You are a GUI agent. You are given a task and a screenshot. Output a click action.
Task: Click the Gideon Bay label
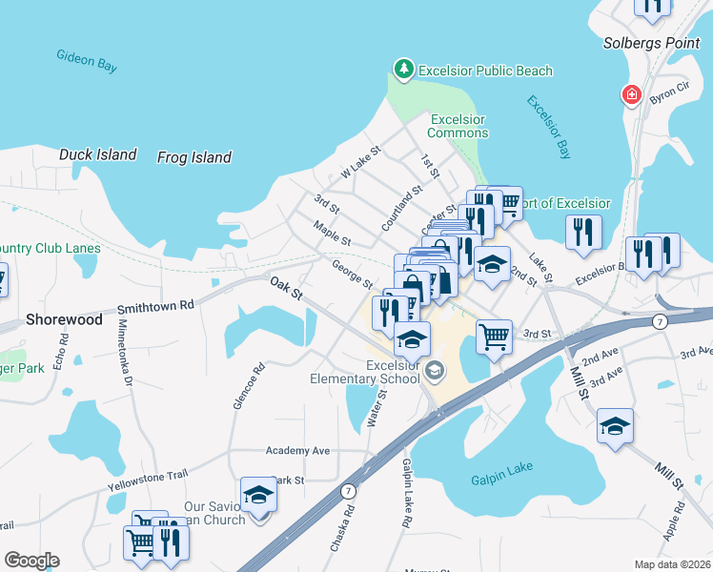click(x=87, y=59)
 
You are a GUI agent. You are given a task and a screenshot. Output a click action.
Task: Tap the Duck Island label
click(x=97, y=154)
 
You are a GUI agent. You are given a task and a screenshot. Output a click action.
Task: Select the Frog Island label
click(x=194, y=157)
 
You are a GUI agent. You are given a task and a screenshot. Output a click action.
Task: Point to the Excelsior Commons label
click(x=458, y=126)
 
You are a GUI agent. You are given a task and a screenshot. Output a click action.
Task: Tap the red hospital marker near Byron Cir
click(x=630, y=94)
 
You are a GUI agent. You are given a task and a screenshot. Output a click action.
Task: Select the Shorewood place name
click(x=64, y=320)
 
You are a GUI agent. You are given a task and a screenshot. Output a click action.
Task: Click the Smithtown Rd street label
click(x=155, y=307)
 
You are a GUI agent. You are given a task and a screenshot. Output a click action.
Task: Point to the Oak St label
click(x=285, y=285)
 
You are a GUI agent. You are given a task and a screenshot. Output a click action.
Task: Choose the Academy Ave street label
click(x=297, y=450)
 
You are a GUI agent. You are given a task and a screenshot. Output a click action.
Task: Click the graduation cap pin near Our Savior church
click(x=257, y=494)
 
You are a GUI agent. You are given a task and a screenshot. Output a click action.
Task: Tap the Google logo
click(x=31, y=561)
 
